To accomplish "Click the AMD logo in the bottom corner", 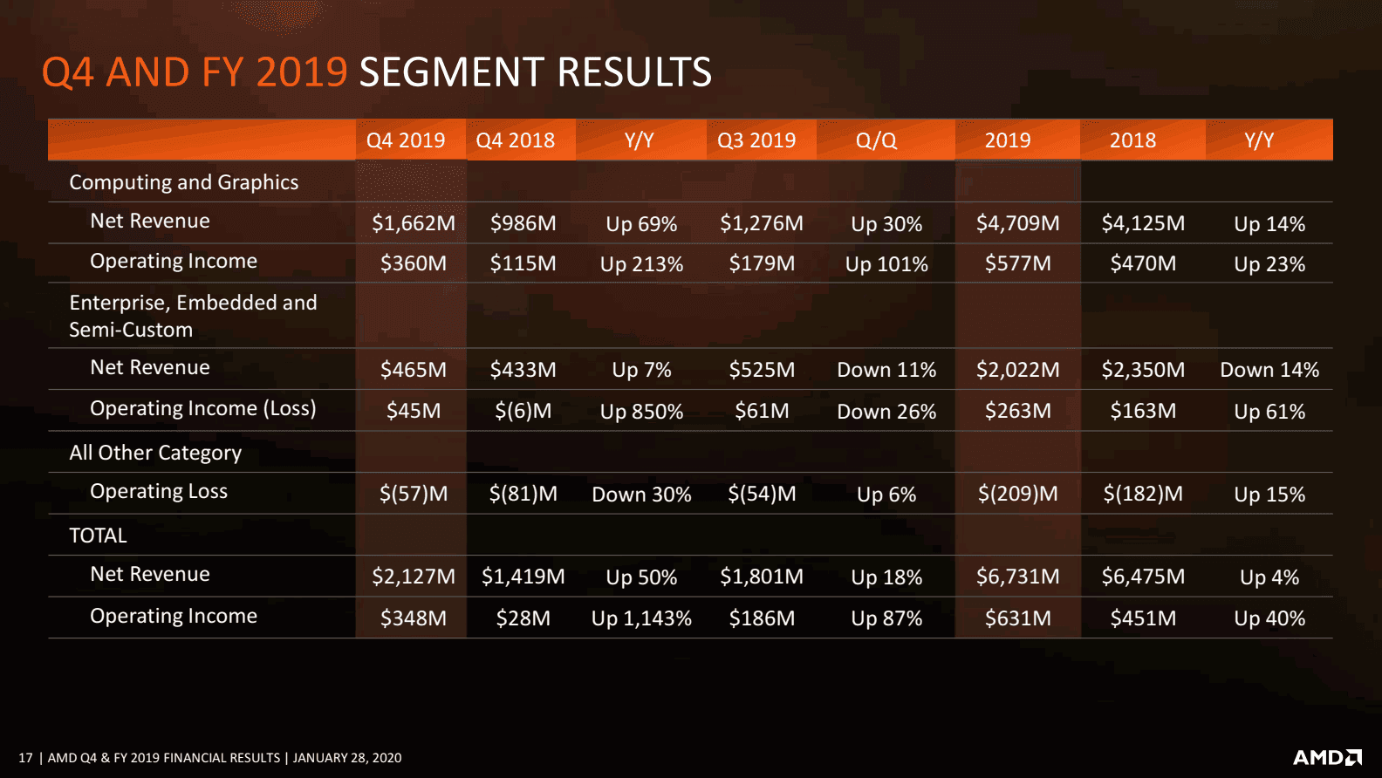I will [x=1326, y=757].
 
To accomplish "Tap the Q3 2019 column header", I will [x=756, y=140].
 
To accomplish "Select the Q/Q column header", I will [x=876, y=140].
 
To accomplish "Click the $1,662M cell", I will [x=414, y=223].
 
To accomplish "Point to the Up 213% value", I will [x=641, y=264].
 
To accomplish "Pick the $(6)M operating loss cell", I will [x=523, y=411].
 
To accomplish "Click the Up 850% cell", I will [x=641, y=412].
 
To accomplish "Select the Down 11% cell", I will [x=886, y=370].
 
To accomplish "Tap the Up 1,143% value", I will [x=641, y=618].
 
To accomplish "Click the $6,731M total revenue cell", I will [x=1017, y=577].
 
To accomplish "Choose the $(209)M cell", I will [x=1017, y=494].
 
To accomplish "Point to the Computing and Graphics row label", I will [x=184, y=182].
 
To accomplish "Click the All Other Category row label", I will [x=155, y=453].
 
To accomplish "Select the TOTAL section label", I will [x=98, y=536].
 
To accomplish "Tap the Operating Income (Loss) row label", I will [x=202, y=408].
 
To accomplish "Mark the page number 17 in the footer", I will [x=25, y=758].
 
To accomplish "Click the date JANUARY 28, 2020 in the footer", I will [x=347, y=758].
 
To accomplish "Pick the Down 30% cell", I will [x=641, y=495].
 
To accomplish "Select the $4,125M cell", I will [x=1143, y=223].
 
